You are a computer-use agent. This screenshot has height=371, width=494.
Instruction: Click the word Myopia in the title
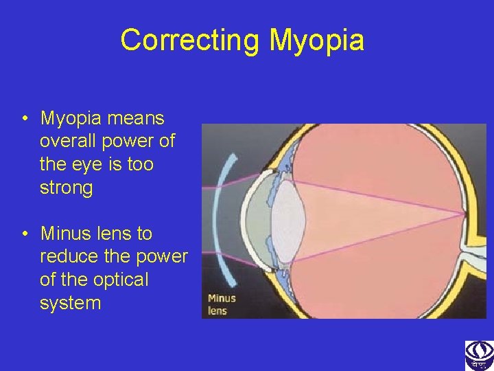pyautogui.click(x=316, y=40)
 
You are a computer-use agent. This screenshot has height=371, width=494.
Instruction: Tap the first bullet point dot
pyautogui.click(x=24, y=119)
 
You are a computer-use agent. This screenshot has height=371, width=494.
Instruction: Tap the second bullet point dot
pyautogui.click(x=24, y=234)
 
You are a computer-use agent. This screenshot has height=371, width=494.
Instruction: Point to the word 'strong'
pyautogui.click(x=66, y=188)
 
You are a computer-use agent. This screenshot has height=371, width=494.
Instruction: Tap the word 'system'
pyautogui.click(x=70, y=302)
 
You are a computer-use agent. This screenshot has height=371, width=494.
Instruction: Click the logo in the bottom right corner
pyautogui.click(x=479, y=355)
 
